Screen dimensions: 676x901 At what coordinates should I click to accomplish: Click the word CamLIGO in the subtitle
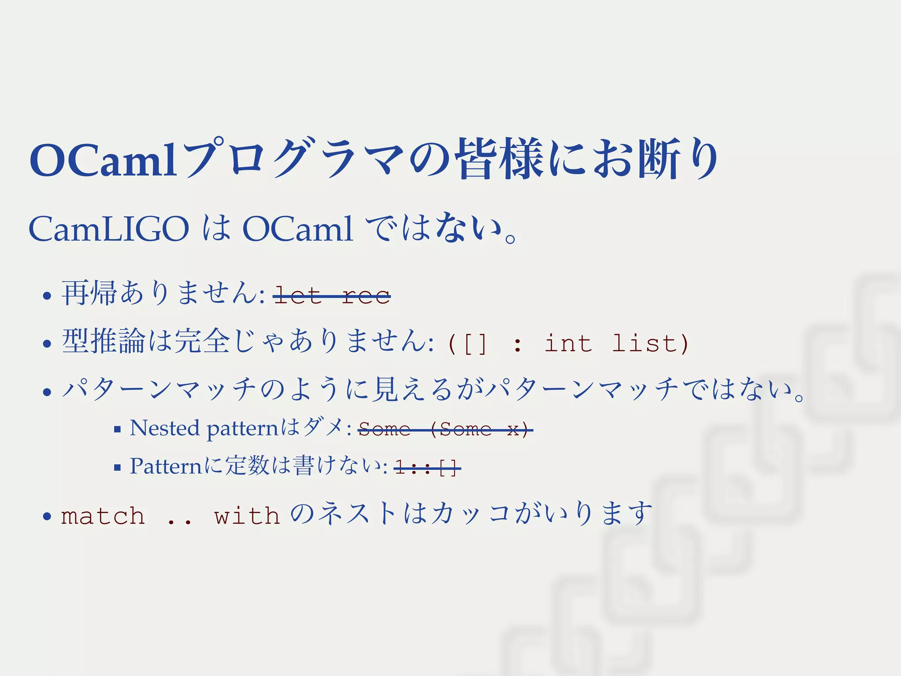pyautogui.click(x=109, y=229)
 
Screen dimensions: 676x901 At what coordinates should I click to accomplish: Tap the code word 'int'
pyautogui.click(x=568, y=343)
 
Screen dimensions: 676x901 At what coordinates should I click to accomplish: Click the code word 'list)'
pyautogui.click(x=650, y=343)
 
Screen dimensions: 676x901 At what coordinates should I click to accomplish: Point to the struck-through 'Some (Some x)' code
pyautogui.click(x=445, y=429)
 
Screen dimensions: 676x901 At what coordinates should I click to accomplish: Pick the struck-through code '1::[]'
pyautogui.click(x=427, y=467)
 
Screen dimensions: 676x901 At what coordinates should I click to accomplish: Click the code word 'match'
pyautogui.click(x=103, y=516)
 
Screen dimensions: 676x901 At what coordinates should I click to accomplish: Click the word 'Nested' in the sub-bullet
pyautogui.click(x=165, y=428)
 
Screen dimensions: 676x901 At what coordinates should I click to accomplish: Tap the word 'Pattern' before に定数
pyautogui.click(x=165, y=466)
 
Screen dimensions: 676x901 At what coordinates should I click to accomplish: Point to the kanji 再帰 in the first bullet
pyautogui.click(x=89, y=293)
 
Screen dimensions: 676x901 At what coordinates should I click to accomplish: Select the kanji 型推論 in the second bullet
pyautogui.click(x=103, y=341)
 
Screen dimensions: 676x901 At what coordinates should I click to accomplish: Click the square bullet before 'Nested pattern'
pyautogui.click(x=117, y=430)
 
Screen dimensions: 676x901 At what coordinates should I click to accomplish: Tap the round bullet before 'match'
pyautogui.click(x=47, y=516)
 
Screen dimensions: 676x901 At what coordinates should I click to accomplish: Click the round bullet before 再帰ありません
pyautogui.click(x=47, y=295)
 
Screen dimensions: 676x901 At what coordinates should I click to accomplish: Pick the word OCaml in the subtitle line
pyautogui.click(x=297, y=229)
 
